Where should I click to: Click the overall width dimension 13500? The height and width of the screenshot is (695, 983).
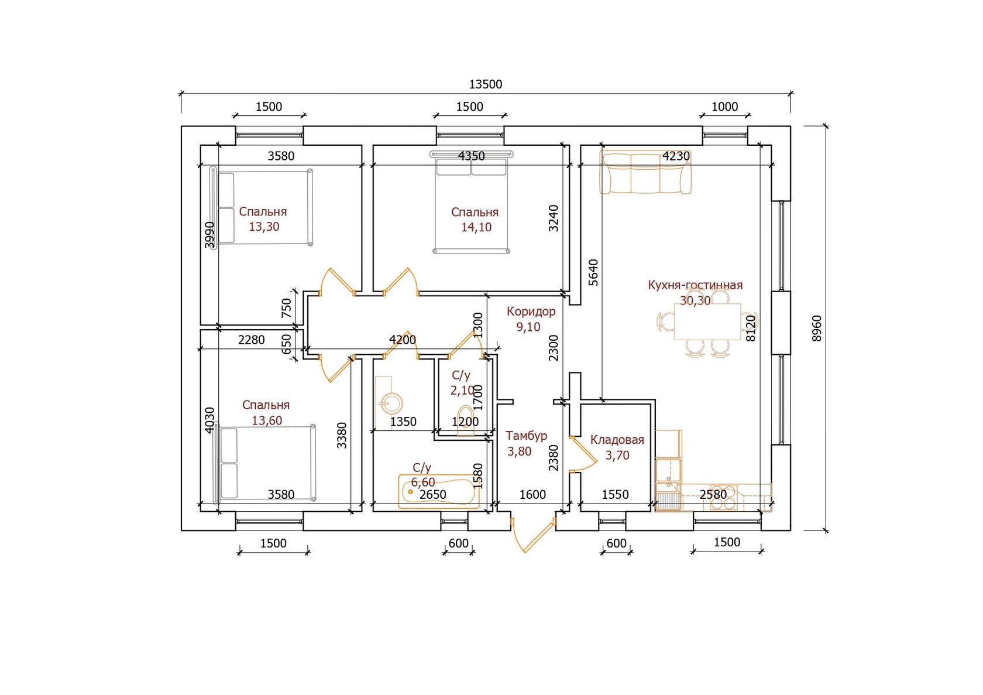[485, 84]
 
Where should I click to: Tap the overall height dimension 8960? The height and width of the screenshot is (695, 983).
[817, 328]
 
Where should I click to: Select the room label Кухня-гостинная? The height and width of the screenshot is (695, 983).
[695, 285]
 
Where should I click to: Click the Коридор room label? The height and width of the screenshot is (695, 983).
[531, 311]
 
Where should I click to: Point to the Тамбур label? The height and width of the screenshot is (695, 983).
[526, 436]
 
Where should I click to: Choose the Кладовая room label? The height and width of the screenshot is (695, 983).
[617, 440]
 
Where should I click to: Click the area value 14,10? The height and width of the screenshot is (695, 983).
[476, 227]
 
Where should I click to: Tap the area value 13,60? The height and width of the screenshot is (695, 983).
[267, 420]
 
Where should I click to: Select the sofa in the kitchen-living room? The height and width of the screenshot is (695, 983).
[645, 173]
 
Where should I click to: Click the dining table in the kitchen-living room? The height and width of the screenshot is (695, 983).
[707, 321]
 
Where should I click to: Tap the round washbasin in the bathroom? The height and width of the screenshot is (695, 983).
[390, 403]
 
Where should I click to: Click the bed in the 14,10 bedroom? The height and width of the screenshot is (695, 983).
[471, 203]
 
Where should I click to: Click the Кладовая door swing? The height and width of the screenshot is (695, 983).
[583, 454]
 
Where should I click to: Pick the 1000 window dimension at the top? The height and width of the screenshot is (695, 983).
[724, 107]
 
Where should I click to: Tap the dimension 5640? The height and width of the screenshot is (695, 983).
[593, 272]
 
